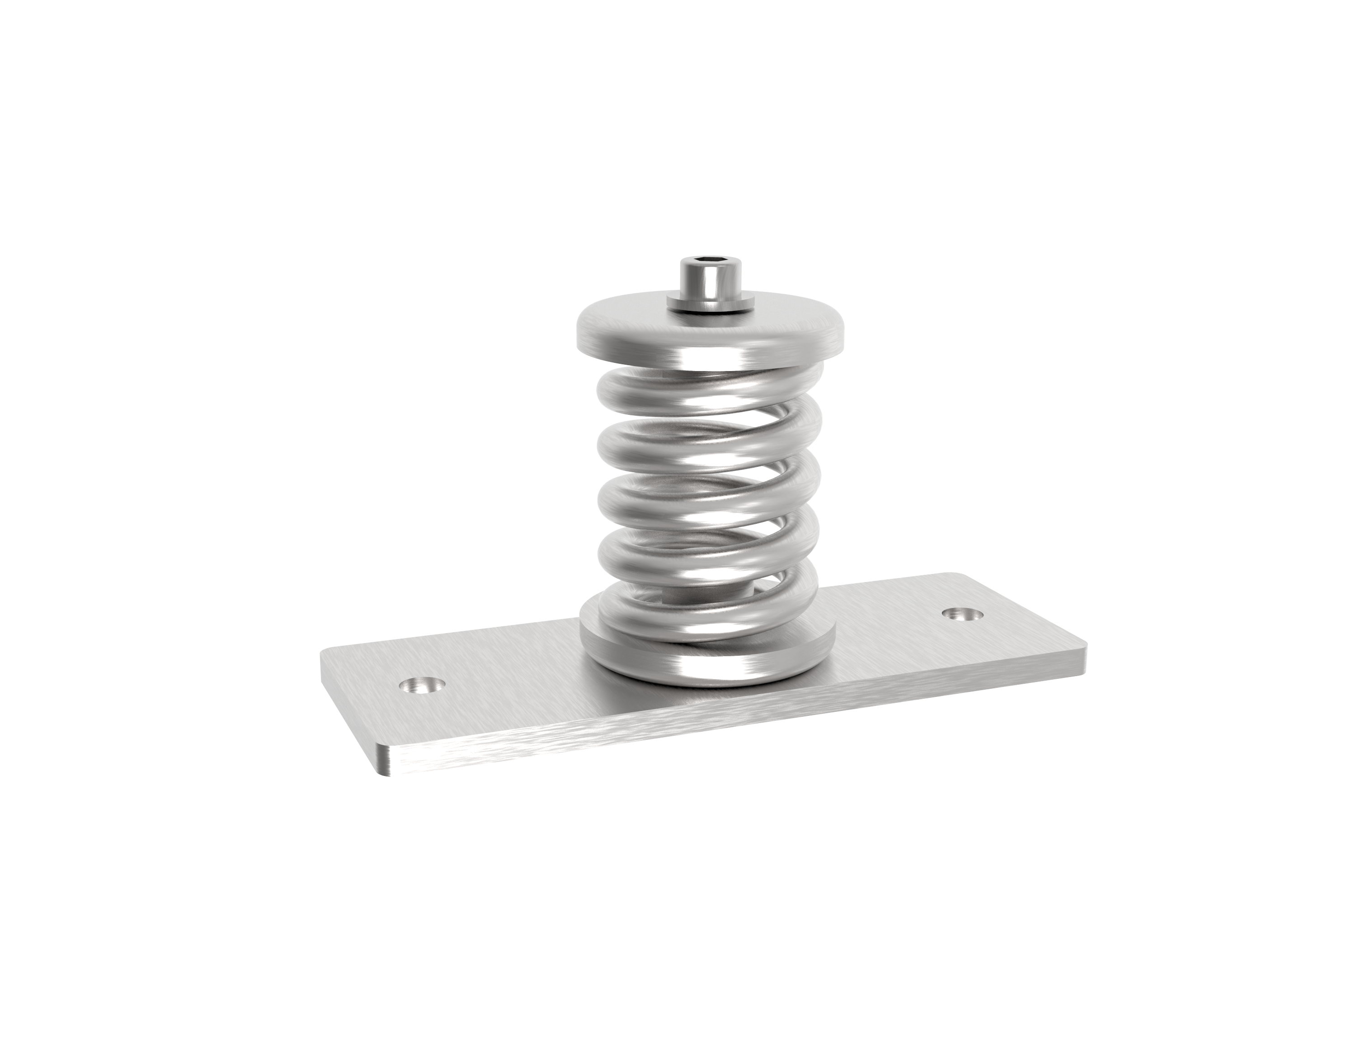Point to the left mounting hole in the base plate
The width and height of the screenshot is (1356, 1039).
(423, 684)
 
